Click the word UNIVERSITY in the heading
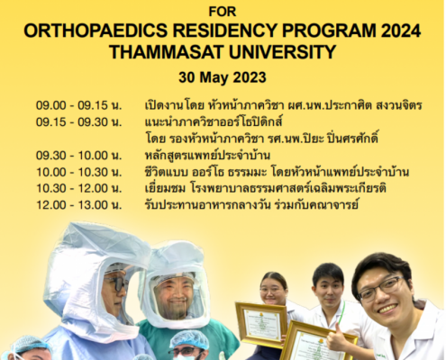pyautogui.click(x=282, y=52)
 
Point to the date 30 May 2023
pyautogui.click(x=223, y=77)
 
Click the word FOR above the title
pyautogui.click(x=223, y=12)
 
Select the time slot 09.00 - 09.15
pyautogui.click(x=72, y=105)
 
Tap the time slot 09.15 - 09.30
pyautogui.click(x=72, y=122)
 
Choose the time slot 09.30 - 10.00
pyautogui.click(x=72, y=156)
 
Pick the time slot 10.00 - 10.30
pyautogui.click(x=72, y=172)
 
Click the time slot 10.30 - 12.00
pyautogui.click(x=72, y=188)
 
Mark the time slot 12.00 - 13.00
pyautogui.click(x=72, y=205)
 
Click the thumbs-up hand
pyautogui.click(x=336, y=337)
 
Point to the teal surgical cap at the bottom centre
pyautogui.click(x=189, y=338)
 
